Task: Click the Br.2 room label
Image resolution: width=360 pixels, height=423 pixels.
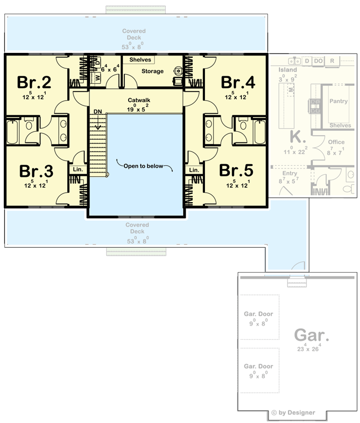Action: coord(34,83)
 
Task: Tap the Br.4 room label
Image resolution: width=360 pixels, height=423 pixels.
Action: coord(238,83)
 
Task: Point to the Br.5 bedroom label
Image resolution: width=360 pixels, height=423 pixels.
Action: coord(237,171)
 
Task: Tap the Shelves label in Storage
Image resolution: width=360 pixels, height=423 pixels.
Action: coord(140,60)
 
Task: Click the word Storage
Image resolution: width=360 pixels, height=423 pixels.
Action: coord(152,71)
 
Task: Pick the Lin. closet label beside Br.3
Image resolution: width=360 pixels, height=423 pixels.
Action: coord(78,169)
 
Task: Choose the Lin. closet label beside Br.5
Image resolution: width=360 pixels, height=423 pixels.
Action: coord(194,169)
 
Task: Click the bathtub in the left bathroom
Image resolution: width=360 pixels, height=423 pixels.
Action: coord(13,131)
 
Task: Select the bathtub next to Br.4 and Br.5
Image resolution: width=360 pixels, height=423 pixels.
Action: coord(260,131)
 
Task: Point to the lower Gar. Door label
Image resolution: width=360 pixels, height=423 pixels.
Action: coord(258,366)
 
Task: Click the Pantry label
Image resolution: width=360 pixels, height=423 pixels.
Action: coord(338,101)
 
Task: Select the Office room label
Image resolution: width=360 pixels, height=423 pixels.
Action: coord(336,142)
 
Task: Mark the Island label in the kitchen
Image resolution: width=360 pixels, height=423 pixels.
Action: coord(287,69)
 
